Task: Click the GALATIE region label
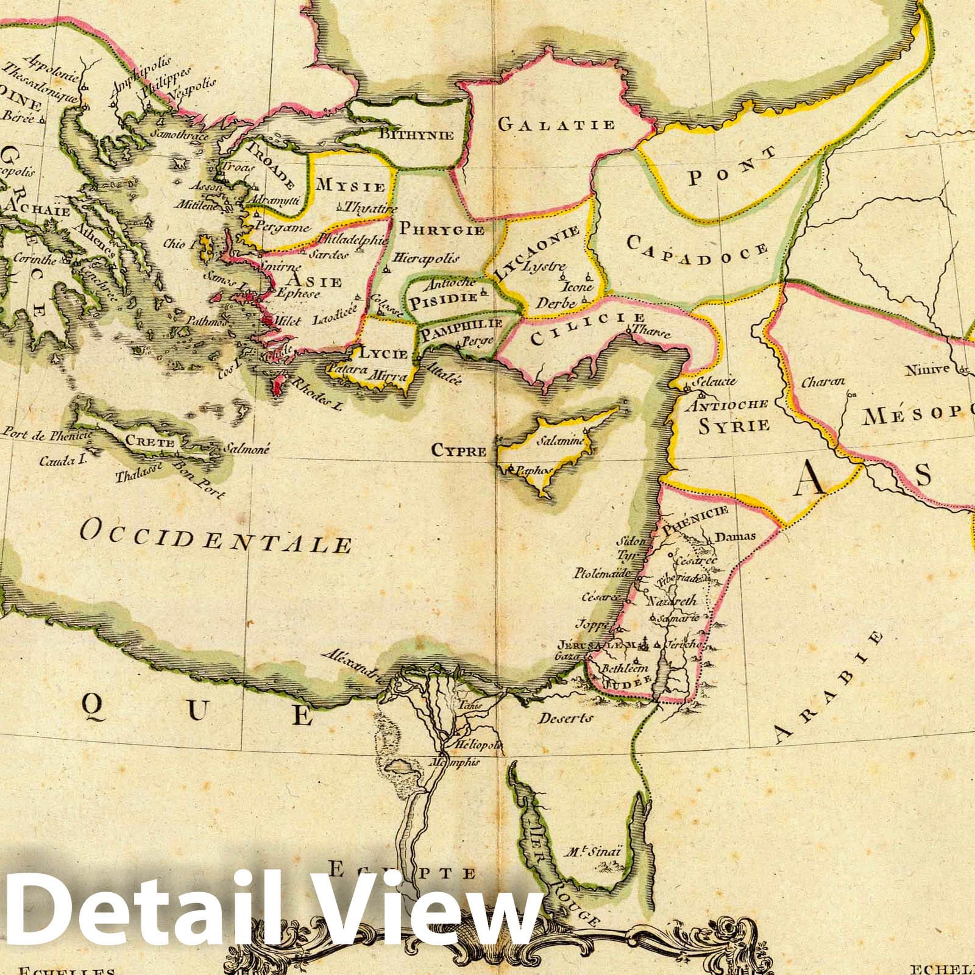tap(556, 125)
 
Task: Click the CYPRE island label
tap(459, 451)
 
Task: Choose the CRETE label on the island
tap(149, 442)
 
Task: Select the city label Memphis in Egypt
tap(455, 762)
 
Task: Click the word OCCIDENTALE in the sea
tap(216, 536)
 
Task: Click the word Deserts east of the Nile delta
tap(565, 718)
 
